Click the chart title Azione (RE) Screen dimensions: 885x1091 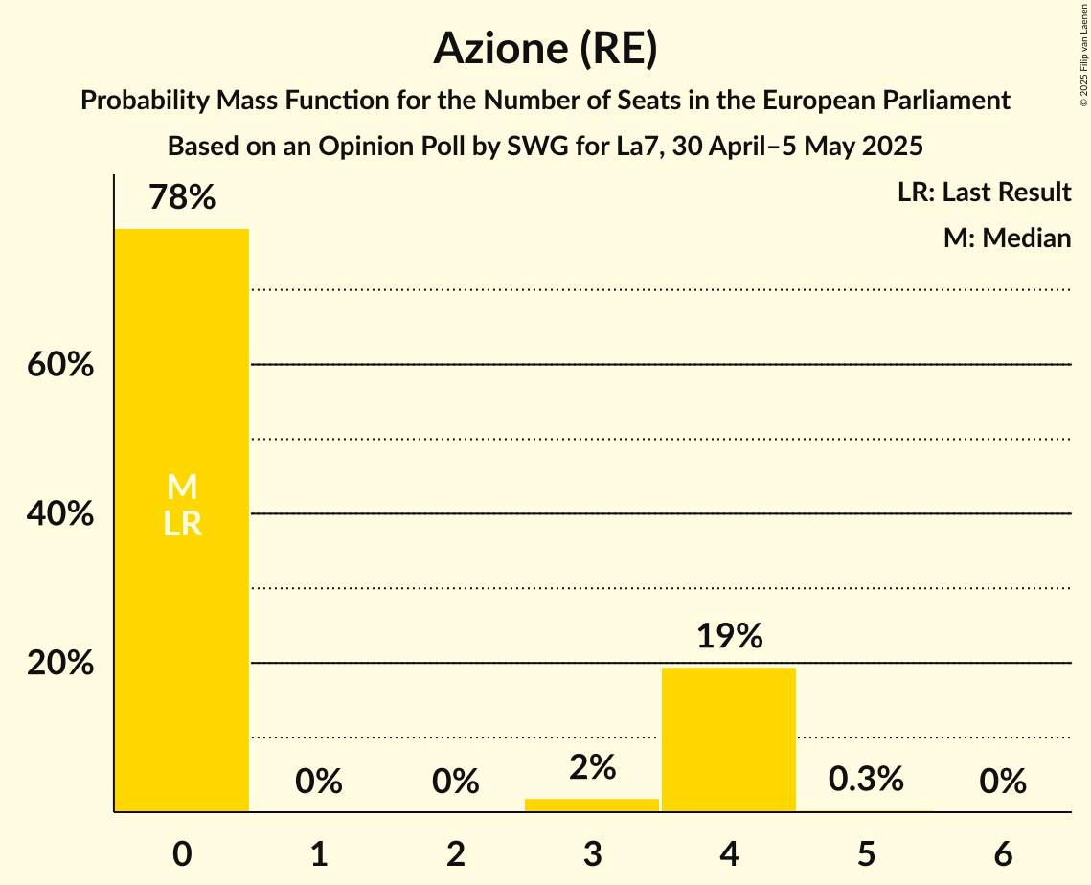click(545, 48)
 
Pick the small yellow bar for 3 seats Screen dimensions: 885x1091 click(592, 805)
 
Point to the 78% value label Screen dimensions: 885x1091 click(182, 198)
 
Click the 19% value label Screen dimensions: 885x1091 click(729, 636)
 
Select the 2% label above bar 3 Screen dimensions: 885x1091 click(592, 767)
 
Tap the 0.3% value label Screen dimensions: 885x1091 click(866, 780)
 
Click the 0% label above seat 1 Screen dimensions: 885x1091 click(319, 783)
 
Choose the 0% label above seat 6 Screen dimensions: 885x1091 click(1003, 783)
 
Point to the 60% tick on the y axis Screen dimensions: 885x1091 click(60, 365)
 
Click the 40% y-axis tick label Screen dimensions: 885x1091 click(60, 514)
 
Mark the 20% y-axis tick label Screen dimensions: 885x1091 click(60, 664)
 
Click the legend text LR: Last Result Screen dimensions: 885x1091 click(984, 193)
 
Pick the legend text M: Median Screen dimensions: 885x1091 click(1007, 238)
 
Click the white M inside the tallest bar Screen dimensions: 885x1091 click(182, 488)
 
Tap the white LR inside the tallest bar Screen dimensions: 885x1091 click(182, 524)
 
